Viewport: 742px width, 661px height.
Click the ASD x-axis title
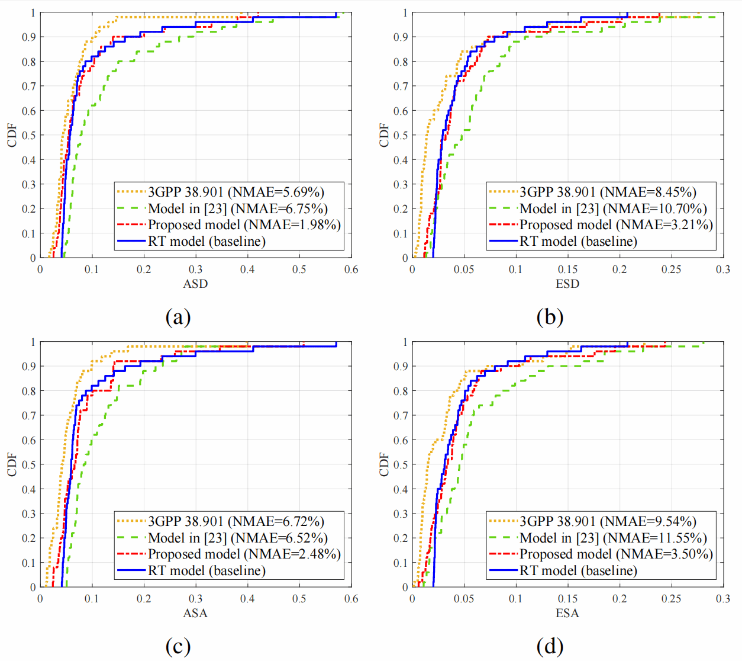click(x=195, y=284)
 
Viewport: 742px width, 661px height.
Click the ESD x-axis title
click(x=567, y=284)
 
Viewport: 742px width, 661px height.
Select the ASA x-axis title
click(x=195, y=613)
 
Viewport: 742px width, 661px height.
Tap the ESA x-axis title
click(x=567, y=613)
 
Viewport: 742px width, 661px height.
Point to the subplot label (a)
click(x=178, y=317)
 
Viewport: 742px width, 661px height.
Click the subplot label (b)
click(x=550, y=317)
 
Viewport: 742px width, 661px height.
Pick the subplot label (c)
click(x=178, y=647)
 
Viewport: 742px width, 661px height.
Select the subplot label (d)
click(x=550, y=647)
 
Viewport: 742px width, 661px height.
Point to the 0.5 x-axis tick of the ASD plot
click(x=299, y=269)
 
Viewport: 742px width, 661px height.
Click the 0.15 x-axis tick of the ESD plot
click(x=567, y=269)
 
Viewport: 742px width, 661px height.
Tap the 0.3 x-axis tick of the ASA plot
click(x=195, y=599)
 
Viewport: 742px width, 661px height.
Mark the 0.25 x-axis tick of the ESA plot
click(x=671, y=599)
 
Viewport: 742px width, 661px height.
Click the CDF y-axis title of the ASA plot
click(x=12, y=464)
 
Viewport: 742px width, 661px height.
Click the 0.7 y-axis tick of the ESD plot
click(x=401, y=86)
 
